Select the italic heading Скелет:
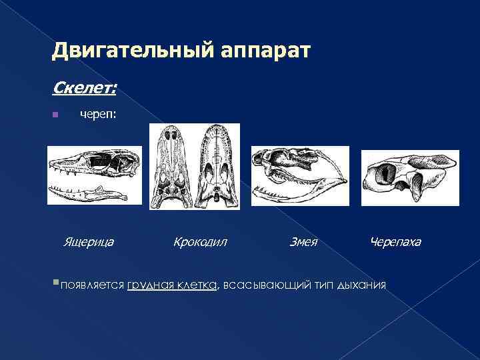point(80,87)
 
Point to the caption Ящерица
point(87,241)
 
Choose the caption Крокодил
point(200,241)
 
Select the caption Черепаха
point(395,241)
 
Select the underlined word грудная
point(151,285)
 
